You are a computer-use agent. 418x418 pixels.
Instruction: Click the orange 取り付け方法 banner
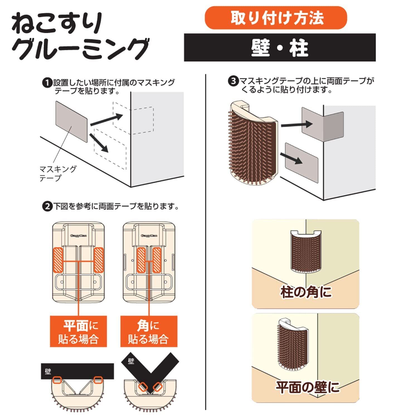276,18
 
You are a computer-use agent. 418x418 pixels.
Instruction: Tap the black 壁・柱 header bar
280,47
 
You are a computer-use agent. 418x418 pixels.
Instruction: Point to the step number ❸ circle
233,81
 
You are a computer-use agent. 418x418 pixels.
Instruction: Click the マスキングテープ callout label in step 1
58,173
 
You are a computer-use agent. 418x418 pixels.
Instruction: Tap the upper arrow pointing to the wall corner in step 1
106,120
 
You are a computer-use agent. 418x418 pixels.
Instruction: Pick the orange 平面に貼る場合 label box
78,331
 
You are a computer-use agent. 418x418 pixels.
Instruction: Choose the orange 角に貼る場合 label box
149,331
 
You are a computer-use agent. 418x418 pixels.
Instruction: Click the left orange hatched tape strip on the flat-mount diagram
58,260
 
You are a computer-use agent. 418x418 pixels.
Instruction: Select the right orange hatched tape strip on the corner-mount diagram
157,260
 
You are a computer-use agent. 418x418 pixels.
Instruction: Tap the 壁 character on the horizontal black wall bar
48,371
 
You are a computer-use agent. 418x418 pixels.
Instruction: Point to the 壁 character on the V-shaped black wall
131,361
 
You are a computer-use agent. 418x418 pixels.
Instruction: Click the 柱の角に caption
306,292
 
